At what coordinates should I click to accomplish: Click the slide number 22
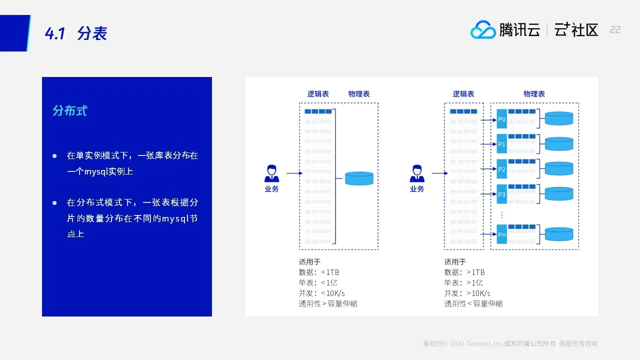click(615, 30)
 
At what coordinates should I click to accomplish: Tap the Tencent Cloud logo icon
click(482, 30)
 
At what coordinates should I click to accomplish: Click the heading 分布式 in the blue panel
click(70, 110)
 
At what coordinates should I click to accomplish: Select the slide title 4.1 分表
click(76, 33)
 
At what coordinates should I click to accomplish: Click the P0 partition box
click(502, 119)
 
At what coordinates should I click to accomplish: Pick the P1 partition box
click(502, 144)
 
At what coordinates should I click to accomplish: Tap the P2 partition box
click(502, 169)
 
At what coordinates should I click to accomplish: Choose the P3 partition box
click(502, 194)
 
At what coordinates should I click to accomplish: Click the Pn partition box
click(502, 234)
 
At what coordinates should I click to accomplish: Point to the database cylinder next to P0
click(558, 118)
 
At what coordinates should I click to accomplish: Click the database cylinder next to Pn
click(558, 234)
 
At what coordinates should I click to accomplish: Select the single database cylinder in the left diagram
click(359, 178)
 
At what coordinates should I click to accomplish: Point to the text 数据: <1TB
click(319, 272)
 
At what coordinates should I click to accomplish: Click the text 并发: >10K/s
click(467, 293)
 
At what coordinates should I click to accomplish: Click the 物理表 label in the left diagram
click(359, 94)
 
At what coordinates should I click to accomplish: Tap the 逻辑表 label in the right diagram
click(463, 94)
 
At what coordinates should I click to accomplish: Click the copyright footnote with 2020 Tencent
click(510, 344)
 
